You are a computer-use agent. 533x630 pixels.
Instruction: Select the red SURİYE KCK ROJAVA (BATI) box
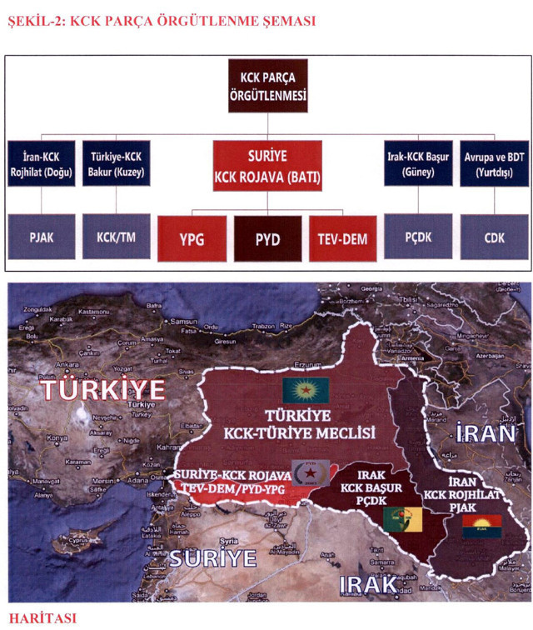[267, 164]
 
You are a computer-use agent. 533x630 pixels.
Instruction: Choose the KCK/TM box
[117, 237]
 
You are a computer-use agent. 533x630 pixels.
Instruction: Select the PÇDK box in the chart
[418, 237]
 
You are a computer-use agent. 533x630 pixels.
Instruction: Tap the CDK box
[493, 237]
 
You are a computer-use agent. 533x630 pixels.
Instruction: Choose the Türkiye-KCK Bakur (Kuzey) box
[117, 162]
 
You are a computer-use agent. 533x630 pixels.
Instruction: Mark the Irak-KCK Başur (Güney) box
[418, 162]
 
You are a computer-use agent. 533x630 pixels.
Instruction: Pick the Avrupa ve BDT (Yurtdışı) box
[493, 162]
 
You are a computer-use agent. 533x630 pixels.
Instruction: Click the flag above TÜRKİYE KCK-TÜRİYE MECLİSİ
[305, 388]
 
